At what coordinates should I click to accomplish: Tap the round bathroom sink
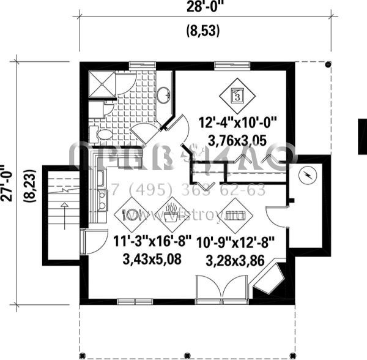[x=164, y=95]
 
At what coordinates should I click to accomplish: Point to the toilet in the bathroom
[x=103, y=134]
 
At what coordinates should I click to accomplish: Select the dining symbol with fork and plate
[x=132, y=215]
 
